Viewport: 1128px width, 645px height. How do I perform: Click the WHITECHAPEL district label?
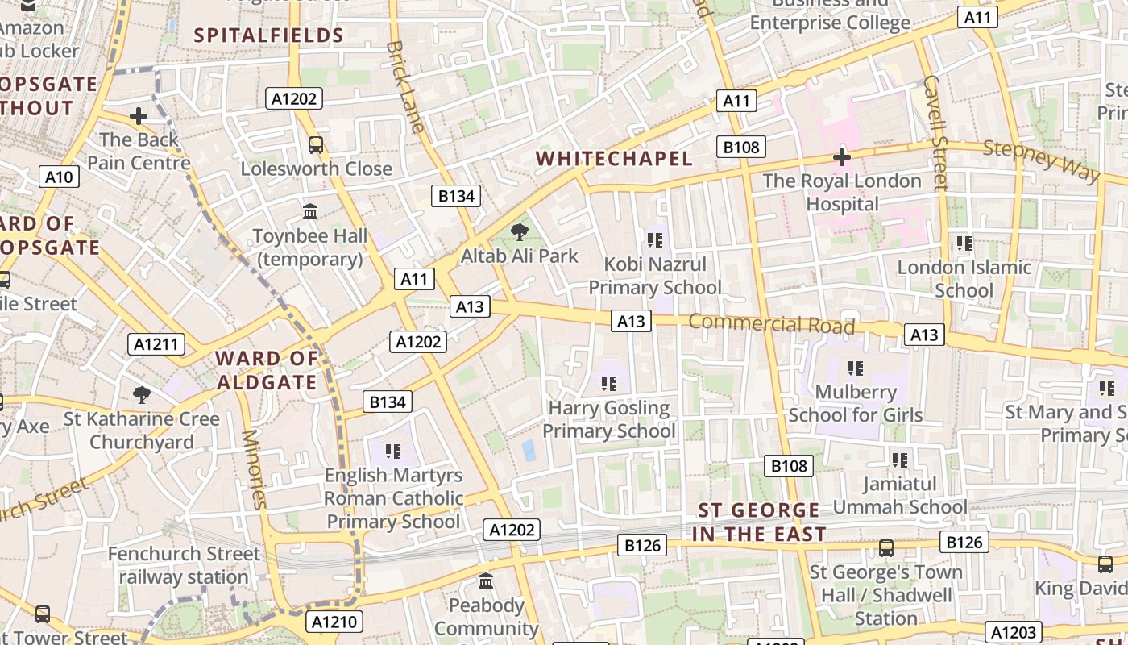click(614, 158)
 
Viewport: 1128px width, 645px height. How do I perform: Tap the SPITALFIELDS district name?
click(269, 35)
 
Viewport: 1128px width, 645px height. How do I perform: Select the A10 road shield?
click(60, 177)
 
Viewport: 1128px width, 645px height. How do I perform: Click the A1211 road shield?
click(156, 345)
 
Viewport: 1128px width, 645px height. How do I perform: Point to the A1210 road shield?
click(334, 622)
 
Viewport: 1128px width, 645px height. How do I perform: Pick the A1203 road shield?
click(1014, 632)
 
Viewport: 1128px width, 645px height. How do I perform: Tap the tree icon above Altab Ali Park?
click(520, 233)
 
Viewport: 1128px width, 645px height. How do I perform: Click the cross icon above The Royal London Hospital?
click(842, 157)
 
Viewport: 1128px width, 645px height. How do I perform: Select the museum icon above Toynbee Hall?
click(310, 212)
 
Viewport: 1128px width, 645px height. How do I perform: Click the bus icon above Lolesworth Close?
click(316, 145)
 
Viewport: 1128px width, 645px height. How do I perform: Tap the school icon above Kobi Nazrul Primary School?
click(654, 240)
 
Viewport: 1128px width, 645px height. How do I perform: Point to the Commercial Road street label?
click(771, 324)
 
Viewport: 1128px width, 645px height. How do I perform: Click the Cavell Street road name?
click(935, 133)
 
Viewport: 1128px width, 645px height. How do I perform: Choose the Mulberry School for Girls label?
click(855, 404)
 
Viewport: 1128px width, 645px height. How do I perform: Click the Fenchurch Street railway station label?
click(185, 565)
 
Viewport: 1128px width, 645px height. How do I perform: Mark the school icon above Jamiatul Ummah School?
click(899, 460)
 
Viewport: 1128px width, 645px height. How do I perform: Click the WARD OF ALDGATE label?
click(267, 370)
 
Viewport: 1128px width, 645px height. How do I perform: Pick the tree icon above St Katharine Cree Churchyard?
click(142, 394)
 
